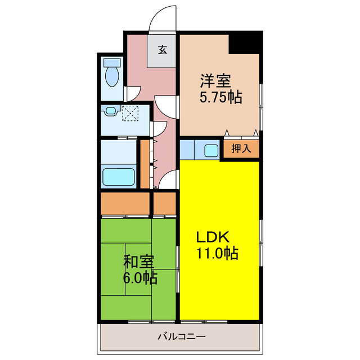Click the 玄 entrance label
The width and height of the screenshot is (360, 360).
(163, 50)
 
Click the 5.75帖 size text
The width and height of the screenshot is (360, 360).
(220, 97)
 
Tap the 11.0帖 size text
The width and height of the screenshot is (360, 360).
(217, 253)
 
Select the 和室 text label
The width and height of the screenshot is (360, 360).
(139, 262)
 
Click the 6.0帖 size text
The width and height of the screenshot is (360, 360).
(140, 277)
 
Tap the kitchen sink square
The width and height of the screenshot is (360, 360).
(211, 150)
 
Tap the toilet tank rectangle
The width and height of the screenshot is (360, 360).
(113, 62)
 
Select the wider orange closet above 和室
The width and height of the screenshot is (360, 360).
(125, 204)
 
